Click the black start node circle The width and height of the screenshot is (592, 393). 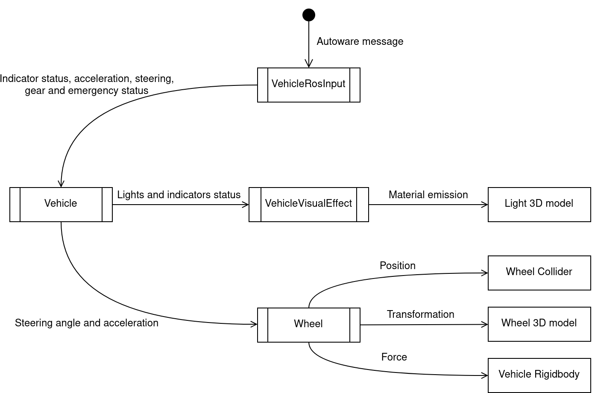(x=309, y=15)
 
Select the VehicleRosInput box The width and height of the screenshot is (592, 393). (x=308, y=85)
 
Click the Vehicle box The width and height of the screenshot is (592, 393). (x=61, y=204)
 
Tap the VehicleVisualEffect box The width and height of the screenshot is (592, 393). (x=308, y=204)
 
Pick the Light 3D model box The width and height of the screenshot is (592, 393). (x=539, y=204)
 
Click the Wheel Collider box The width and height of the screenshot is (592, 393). (x=539, y=273)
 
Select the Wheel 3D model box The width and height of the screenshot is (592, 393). (x=539, y=324)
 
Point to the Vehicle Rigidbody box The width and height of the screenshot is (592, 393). (x=539, y=375)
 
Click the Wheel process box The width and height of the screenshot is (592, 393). (x=308, y=325)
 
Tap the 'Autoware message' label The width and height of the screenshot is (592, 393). (x=360, y=41)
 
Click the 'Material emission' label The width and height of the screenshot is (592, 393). (x=428, y=195)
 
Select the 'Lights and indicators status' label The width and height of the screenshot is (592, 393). (x=179, y=195)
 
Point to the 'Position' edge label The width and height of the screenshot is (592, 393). (x=398, y=266)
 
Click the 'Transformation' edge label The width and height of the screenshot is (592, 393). (x=420, y=314)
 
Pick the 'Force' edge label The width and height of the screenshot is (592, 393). (x=394, y=357)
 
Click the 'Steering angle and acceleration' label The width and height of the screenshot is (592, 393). (x=87, y=323)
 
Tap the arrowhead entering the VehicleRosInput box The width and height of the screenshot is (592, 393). (x=309, y=65)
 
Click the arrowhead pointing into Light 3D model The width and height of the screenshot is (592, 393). (x=485, y=205)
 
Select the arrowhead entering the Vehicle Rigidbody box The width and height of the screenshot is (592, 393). (x=485, y=375)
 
